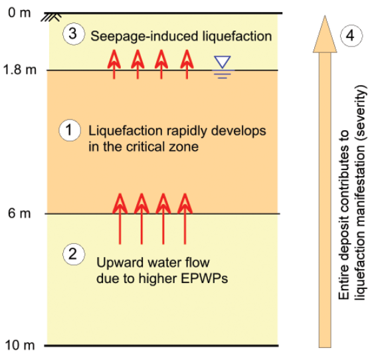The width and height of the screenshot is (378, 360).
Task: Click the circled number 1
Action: point(70,130)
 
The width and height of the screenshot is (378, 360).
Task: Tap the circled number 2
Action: point(74,254)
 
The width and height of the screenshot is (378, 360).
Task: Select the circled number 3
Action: point(74,34)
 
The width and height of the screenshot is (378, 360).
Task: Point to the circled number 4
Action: point(351,36)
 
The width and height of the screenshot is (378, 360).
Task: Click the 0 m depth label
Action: point(19,13)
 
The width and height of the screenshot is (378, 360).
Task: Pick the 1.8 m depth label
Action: point(19,70)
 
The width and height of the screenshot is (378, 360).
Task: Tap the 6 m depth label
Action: point(19,213)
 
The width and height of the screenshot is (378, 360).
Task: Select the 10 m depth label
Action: point(20,345)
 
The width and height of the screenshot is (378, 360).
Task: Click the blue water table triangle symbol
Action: point(223,62)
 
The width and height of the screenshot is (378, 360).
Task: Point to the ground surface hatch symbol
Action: point(51,17)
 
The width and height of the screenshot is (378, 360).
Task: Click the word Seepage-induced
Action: point(144,37)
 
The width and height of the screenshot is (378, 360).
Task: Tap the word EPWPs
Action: point(204,278)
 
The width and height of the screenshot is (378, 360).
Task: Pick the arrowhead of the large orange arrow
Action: point(325,34)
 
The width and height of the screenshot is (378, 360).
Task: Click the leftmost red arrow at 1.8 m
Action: point(114,64)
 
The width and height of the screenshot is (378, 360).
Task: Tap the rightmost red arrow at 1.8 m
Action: point(187,64)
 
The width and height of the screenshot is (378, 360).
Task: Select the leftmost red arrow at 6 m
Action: point(120,219)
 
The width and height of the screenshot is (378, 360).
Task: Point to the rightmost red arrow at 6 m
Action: point(185,219)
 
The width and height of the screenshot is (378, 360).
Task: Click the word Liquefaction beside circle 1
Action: point(126,131)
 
